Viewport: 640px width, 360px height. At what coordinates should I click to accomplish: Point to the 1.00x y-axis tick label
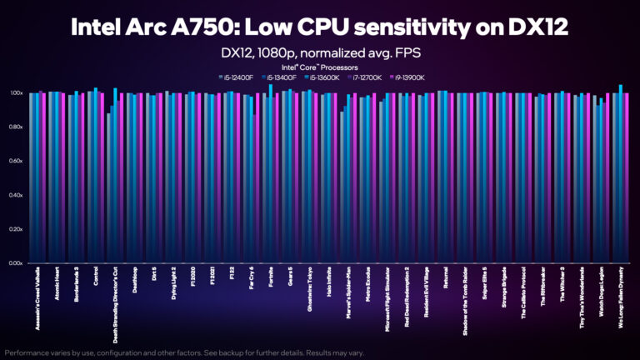pyautogui.click(x=16, y=93)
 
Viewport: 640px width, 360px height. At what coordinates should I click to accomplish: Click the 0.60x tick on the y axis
pyautogui.click(x=16, y=161)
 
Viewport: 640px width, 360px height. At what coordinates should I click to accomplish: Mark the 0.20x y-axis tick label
pyautogui.click(x=16, y=229)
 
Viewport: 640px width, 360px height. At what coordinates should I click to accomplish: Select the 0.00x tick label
pyautogui.click(x=16, y=263)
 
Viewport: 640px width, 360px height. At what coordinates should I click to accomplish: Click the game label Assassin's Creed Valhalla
pyautogui.click(x=36, y=304)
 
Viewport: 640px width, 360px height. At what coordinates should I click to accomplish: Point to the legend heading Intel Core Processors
pyautogui.click(x=320, y=66)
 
